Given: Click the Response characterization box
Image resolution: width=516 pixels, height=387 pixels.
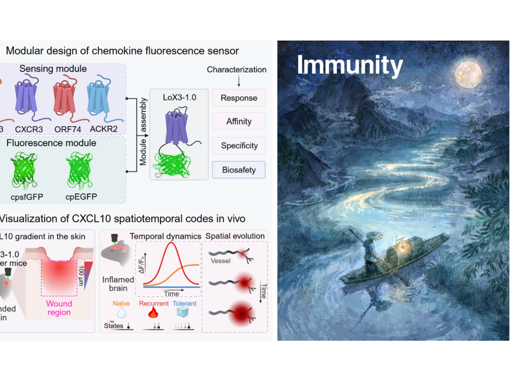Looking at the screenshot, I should (x=238, y=98).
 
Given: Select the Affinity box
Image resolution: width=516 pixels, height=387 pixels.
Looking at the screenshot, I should (x=238, y=122).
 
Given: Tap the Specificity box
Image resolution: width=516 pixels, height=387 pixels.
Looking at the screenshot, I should (x=238, y=146).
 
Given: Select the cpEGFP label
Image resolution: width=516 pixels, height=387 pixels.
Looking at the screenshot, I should (x=82, y=197).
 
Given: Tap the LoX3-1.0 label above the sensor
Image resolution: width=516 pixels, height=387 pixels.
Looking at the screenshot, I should (x=179, y=98).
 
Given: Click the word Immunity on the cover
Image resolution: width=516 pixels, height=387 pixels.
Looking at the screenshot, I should (x=350, y=65).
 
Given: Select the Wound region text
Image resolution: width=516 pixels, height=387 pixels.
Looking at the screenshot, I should (x=59, y=308).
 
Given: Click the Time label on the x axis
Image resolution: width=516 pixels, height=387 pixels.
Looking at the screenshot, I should (x=172, y=294).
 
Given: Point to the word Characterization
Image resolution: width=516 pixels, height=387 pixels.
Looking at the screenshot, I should (x=237, y=69).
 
